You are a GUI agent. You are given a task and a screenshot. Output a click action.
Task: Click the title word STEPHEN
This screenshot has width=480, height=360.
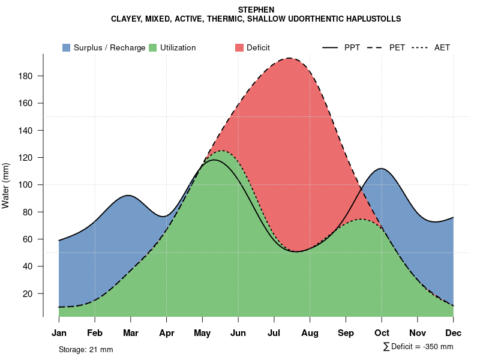(x=256, y=10)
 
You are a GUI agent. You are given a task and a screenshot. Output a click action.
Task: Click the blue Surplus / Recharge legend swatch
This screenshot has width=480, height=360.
(x=66, y=47)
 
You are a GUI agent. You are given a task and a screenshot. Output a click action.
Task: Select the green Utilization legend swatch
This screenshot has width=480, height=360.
(x=152, y=47)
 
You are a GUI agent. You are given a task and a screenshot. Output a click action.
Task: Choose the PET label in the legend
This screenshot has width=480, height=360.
(x=397, y=47)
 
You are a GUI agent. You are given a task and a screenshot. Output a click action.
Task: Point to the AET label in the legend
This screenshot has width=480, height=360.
(x=442, y=47)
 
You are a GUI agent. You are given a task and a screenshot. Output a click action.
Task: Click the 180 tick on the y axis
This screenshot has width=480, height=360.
(x=31, y=76)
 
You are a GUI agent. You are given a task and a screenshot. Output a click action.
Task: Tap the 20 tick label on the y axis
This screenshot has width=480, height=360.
(x=34, y=293)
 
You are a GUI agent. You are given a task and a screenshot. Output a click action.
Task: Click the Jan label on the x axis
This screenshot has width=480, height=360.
(x=59, y=333)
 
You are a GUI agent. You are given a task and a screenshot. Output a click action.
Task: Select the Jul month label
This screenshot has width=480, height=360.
(x=274, y=333)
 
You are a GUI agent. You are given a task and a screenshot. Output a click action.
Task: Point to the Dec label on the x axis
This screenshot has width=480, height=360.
(x=454, y=333)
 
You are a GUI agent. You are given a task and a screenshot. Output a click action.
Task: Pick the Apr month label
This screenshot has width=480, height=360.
(x=166, y=333)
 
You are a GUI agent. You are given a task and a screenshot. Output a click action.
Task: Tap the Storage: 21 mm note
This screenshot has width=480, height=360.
(x=86, y=349)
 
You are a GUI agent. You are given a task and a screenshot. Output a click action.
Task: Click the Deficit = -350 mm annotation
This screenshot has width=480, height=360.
(x=418, y=347)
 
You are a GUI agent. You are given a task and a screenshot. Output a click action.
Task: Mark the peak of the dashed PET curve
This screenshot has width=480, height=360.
(x=289, y=58)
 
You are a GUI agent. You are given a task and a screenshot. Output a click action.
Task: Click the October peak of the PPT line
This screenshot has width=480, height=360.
(x=381, y=169)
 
